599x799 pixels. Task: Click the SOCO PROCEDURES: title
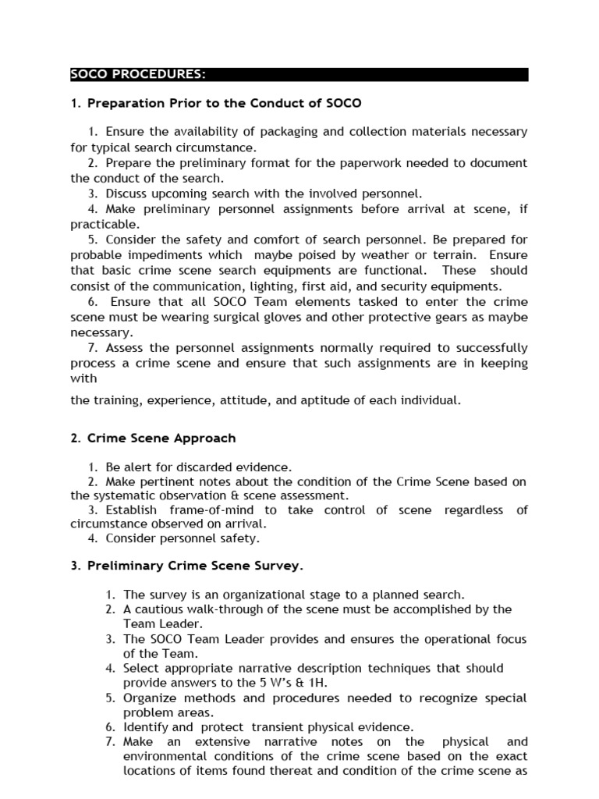[138, 75]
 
